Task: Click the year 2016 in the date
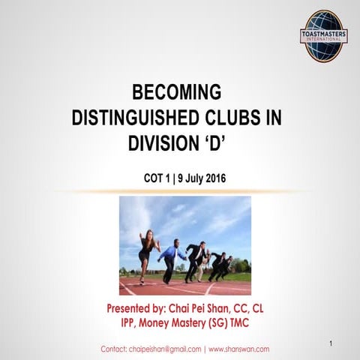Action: (x=214, y=178)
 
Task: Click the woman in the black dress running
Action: (x=146, y=252)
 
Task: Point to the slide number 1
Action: (x=331, y=343)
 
